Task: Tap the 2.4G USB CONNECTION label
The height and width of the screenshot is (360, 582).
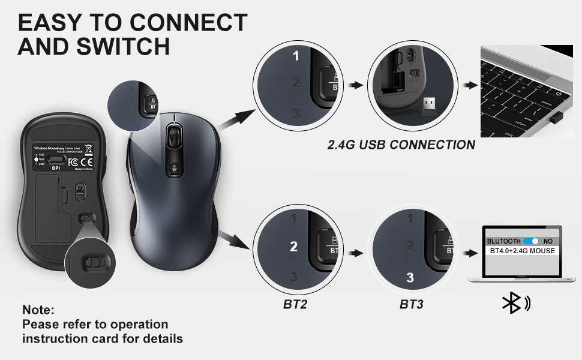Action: (401, 145)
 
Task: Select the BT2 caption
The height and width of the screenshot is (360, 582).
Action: (295, 305)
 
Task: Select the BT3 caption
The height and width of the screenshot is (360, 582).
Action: (411, 305)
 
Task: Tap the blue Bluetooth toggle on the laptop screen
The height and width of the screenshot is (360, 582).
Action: (531, 241)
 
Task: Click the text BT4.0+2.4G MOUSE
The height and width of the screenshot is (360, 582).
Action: (522, 250)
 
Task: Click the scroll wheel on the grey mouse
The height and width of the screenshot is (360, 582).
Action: (173, 135)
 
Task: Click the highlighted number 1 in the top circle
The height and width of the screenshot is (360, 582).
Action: (295, 56)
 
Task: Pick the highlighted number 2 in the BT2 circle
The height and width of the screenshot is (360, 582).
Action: (293, 246)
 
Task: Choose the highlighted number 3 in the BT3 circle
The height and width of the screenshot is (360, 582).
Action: (410, 277)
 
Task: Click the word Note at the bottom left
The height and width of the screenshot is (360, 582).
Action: (38, 310)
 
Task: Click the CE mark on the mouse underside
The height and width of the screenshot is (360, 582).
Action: (86, 162)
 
